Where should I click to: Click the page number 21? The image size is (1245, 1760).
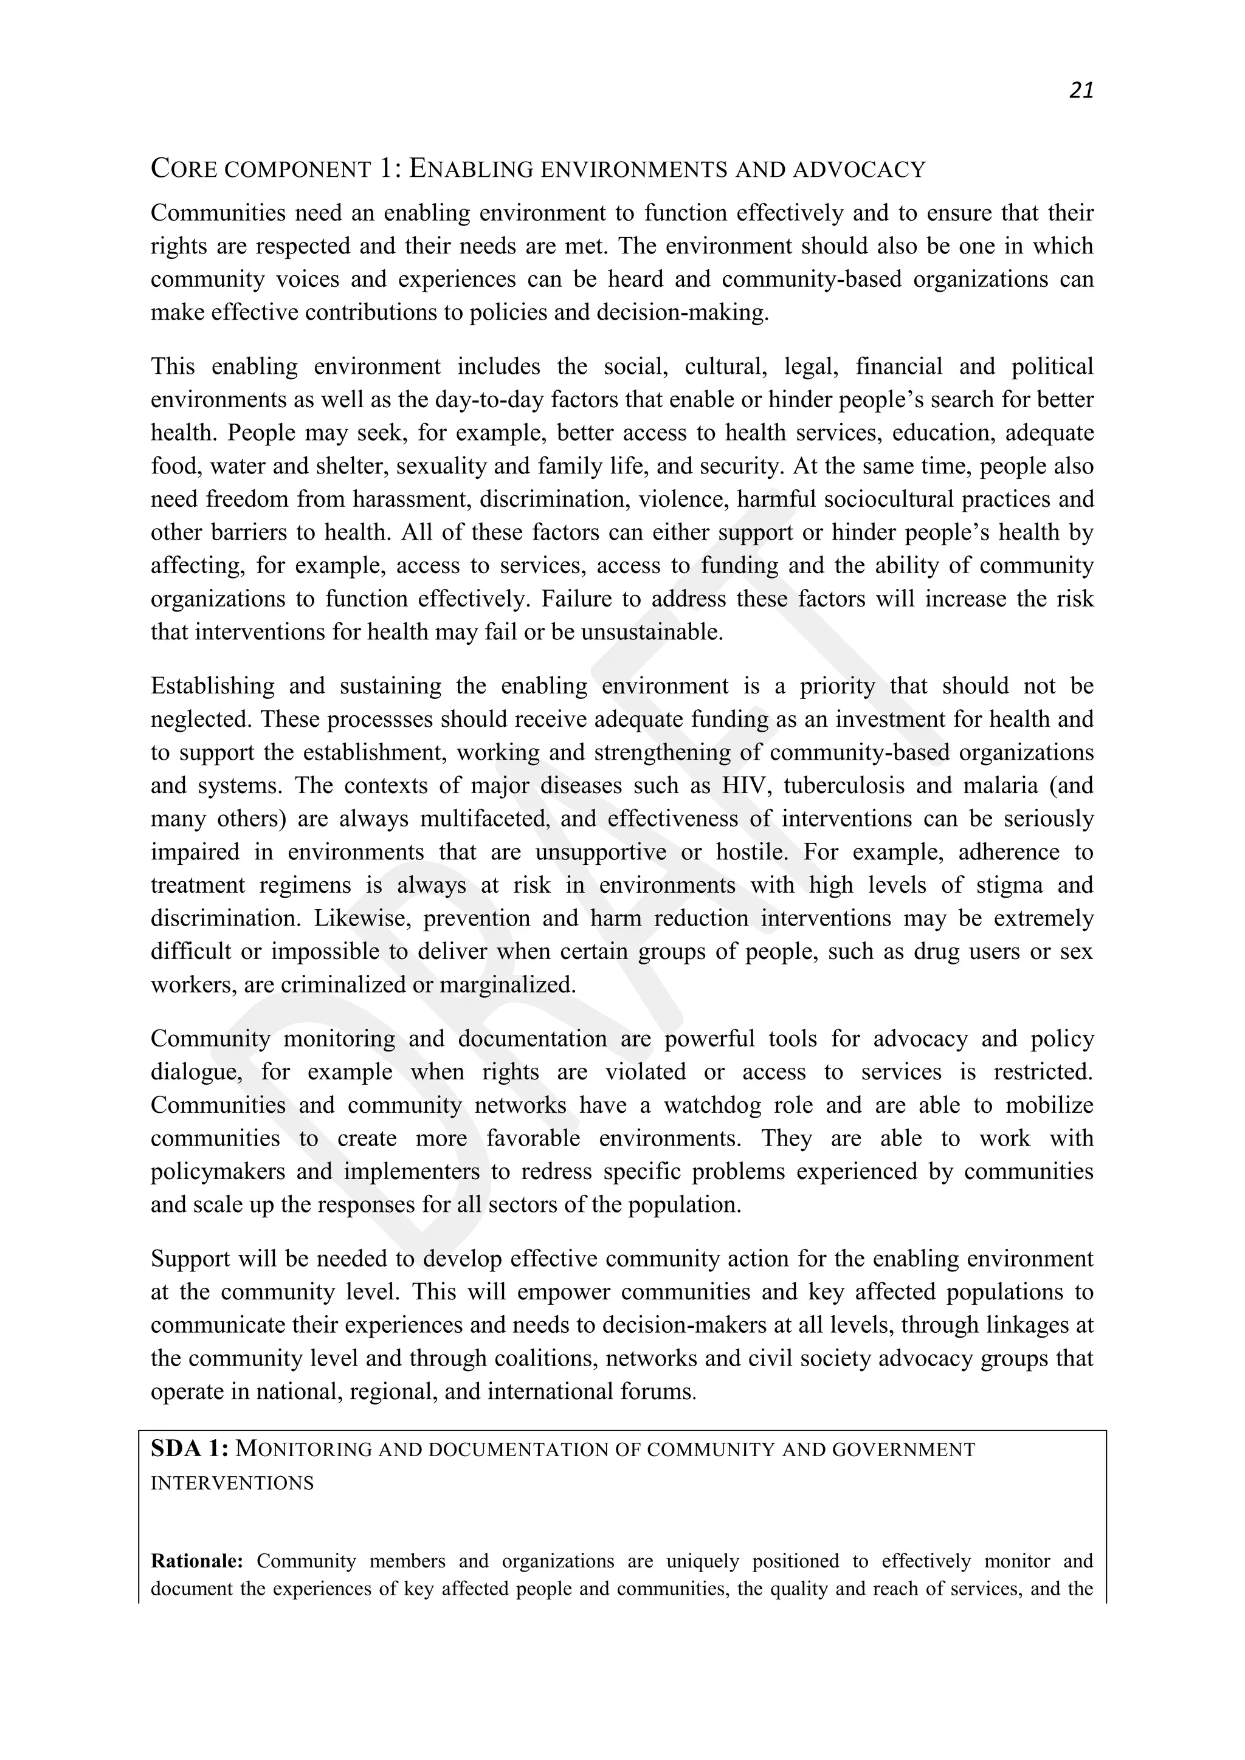1081,91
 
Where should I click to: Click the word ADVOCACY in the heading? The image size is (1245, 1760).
860,170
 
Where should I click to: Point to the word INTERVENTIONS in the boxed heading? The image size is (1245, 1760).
232,1483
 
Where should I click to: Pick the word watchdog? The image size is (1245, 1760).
713,1105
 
